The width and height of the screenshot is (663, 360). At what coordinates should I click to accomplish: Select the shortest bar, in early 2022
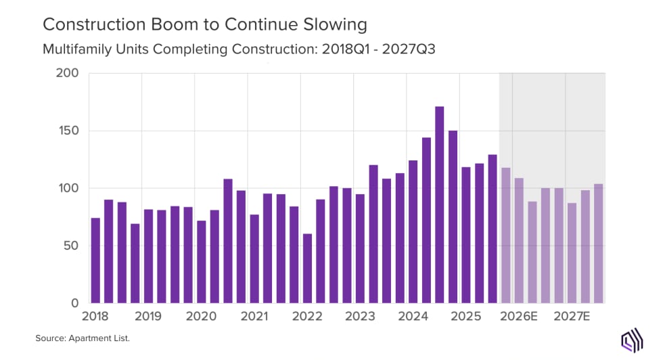307,268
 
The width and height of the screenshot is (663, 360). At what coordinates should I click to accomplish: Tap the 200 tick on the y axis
68,73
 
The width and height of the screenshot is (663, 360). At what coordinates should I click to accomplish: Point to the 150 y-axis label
68,131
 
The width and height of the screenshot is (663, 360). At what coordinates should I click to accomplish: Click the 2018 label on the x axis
95,316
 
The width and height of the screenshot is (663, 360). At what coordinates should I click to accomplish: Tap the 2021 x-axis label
254,316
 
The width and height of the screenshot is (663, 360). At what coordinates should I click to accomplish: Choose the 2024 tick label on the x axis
413,316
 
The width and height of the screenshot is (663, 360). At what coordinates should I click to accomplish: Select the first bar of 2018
95,261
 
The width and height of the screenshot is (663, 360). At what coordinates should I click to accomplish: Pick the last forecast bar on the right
599,244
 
